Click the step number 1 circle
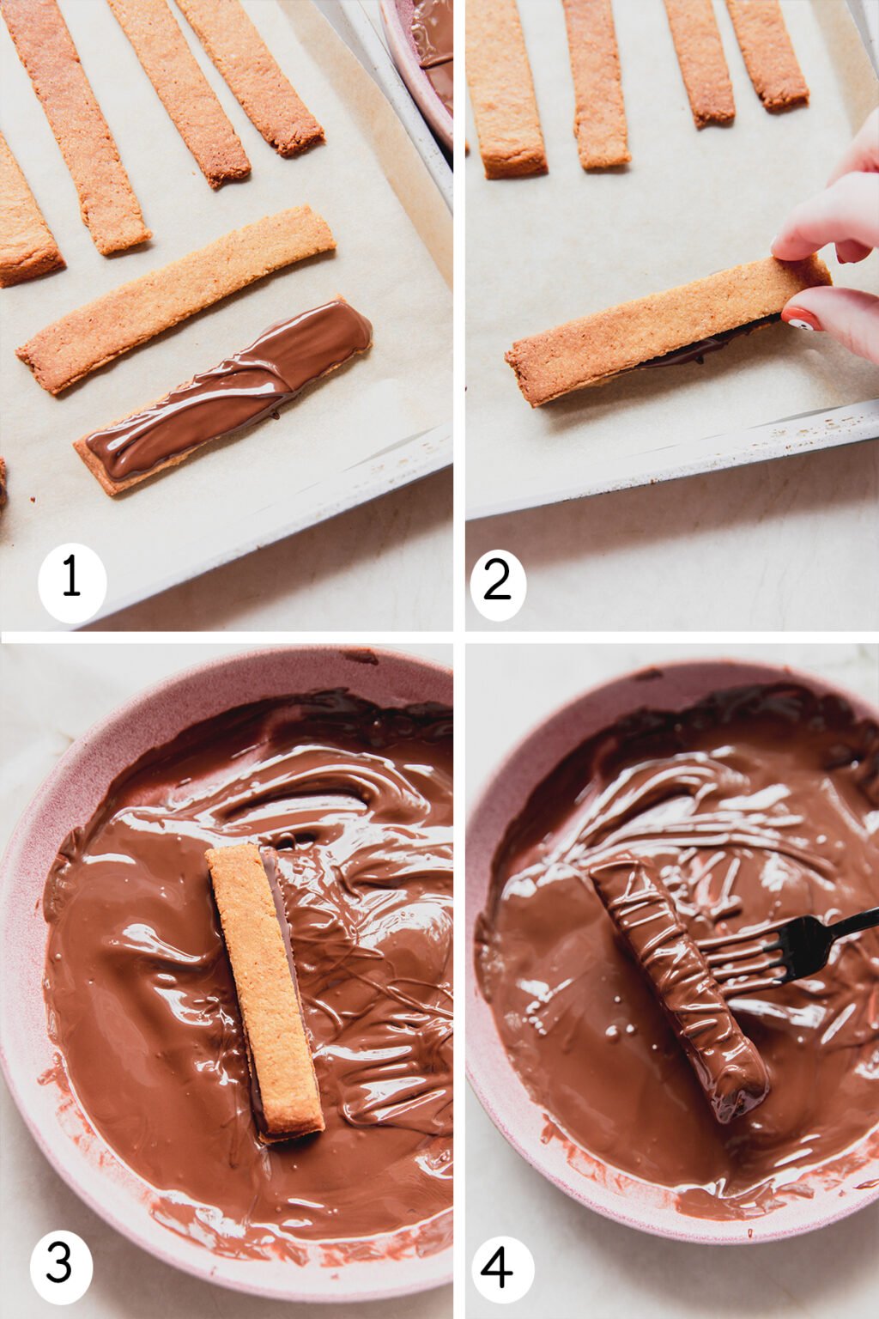(72, 582)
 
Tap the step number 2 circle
(499, 582)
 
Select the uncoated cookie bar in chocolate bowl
(264, 991)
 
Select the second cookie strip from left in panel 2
(597, 86)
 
